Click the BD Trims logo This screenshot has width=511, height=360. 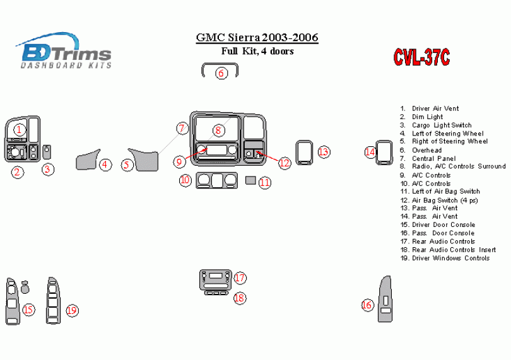coord(65,50)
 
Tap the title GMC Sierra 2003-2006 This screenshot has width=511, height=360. coord(257,38)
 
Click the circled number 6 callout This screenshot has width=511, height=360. coord(221,73)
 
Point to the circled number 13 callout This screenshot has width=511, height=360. coord(324,152)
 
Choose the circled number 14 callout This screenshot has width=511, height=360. coord(370,151)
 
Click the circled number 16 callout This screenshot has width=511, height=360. coord(367,305)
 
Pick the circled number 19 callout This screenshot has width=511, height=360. coord(72,310)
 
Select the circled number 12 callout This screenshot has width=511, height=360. coord(285,163)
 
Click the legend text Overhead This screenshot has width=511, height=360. coord(427,150)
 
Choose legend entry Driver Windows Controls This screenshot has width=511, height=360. coord(450,258)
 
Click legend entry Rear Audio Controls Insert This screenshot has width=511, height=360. coord(452,250)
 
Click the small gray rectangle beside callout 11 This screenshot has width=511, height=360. coord(250,181)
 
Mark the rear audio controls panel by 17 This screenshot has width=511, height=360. coord(216,278)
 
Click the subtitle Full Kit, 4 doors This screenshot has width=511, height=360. coord(256,52)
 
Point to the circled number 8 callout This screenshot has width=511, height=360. coord(218,131)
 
